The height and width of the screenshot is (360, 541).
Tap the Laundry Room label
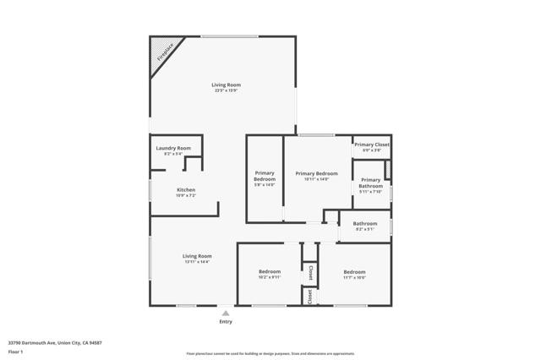pyautogui.click(x=173, y=148)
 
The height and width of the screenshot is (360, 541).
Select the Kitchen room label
pyautogui.click(x=186, y=189)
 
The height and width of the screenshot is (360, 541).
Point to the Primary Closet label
pyautogui.click(x=371, y=145)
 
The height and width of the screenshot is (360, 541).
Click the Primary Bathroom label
pyautogui.click(x=370, y=183)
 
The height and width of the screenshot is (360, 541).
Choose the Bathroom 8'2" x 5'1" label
pyautogui.click(x=365, y=223)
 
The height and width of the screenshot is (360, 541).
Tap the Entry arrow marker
pyautogui.click(x=225, y=313)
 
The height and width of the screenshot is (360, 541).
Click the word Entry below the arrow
pyautogui.click(x=225, y=322)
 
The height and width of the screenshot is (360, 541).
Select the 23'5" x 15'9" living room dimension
pyautogui.click(x=226, y=91)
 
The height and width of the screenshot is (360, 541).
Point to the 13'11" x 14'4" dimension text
pyautogui.click(x=197, y=262)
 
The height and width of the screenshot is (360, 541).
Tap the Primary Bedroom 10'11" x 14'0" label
pyautogui.click(x=317, y=173)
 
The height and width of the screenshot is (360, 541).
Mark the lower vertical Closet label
pyautogui.click(x=310, y=296)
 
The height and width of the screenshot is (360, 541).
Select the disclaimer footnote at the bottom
pyautogui.click(x=281, y=353)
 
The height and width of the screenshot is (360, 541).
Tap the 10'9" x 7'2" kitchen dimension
pyautogui.click(x=186, y=195)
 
